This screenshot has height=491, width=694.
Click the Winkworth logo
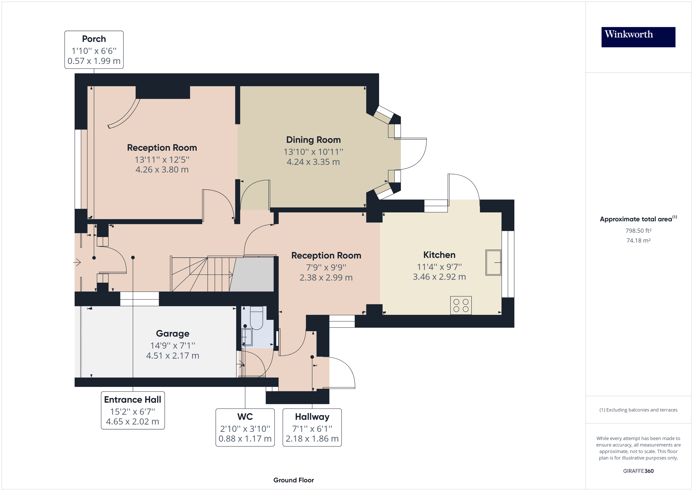[638, 37]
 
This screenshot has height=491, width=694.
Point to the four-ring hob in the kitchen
[461, 305]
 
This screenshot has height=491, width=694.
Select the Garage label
[173, 333]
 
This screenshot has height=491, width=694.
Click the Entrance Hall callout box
[133, 410]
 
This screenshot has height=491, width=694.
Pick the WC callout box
[245, 427]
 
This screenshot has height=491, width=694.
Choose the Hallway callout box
[312, 427]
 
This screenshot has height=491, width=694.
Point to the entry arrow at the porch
[77, 262]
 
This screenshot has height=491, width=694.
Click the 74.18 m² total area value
[638, 241]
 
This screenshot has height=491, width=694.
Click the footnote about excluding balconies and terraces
[638, 410]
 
